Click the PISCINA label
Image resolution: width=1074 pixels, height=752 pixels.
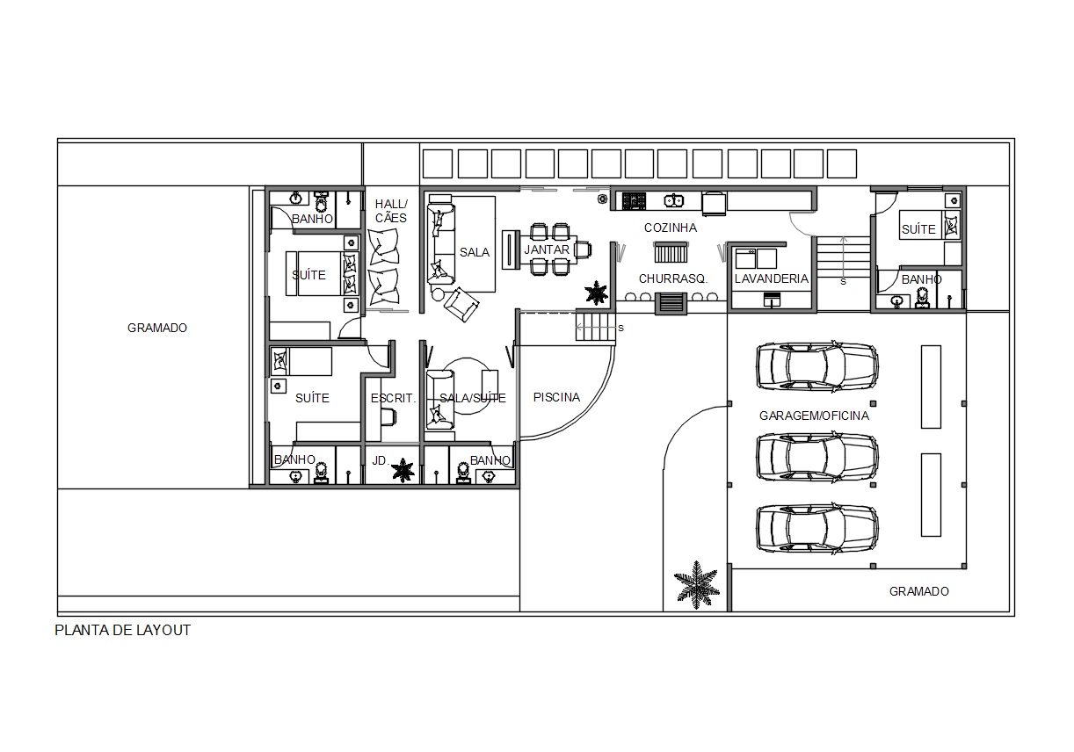click(x=556, y=397)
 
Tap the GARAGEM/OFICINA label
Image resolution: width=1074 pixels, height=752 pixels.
click(x=814, y=416)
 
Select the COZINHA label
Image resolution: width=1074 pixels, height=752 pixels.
click(x=671, y=228)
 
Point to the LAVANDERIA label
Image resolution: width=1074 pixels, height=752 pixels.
click(x=772, y=278)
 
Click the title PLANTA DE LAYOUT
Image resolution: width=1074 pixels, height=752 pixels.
click(x=123, y=630)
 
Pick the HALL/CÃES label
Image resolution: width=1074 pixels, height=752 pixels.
click(x=391, y=211)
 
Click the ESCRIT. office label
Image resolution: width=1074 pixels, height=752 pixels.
click(x=393, y=398)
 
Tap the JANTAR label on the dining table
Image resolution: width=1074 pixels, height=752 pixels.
click(x=547, y=249)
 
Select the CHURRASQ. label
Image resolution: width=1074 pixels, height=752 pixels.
click(x=673, y=278)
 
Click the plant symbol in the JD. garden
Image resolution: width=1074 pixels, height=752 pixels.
click(x=403, y=470)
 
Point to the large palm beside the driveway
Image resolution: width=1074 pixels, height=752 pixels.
click(x=696, y=585)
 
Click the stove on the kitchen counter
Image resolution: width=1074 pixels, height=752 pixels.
click(x=634, y=200)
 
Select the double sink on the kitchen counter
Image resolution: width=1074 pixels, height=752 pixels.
click(x=673, y=200)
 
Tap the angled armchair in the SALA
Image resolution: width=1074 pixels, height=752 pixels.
click(x=461, y=305)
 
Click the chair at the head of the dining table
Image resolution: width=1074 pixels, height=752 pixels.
click(x=584, y=249)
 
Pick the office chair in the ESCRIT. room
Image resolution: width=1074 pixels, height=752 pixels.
click(x=388, y=416)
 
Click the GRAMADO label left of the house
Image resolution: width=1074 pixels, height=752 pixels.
click(x=157, y=328)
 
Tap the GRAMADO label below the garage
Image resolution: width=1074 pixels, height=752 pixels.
click(x=919, y=591)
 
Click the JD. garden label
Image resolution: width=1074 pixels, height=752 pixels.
click(x=380, y=460)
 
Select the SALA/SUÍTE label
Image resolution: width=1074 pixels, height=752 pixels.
click(x=473, y=398)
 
